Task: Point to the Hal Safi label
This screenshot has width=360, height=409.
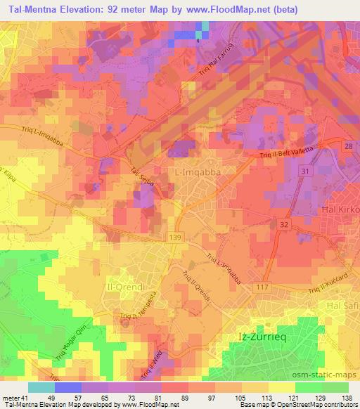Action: click(342, 306)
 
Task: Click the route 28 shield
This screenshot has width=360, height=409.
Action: click(349, 145)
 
